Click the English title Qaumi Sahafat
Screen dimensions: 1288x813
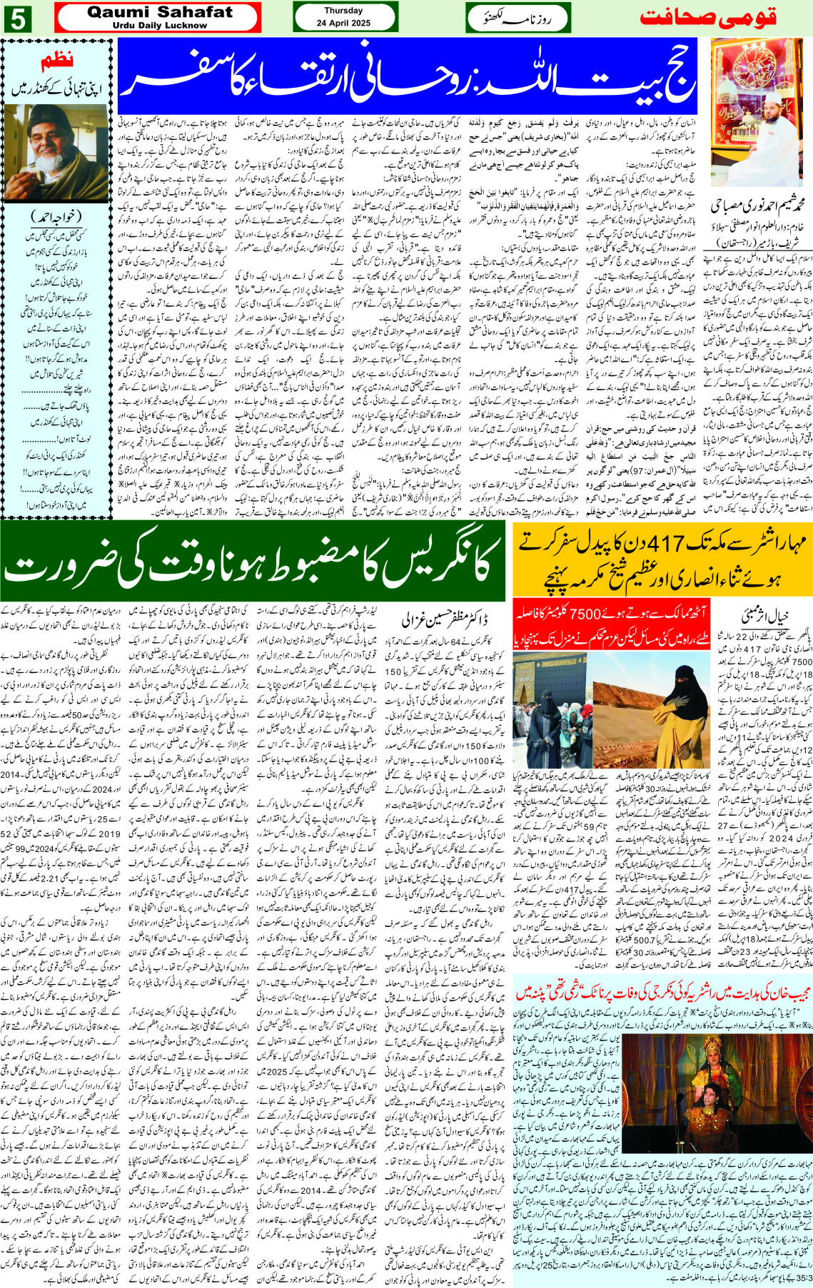159,12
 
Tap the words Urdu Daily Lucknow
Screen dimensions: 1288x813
159,25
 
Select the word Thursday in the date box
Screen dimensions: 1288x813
343,11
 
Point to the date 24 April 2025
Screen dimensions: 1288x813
343,23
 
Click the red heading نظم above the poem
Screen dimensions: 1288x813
57,62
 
